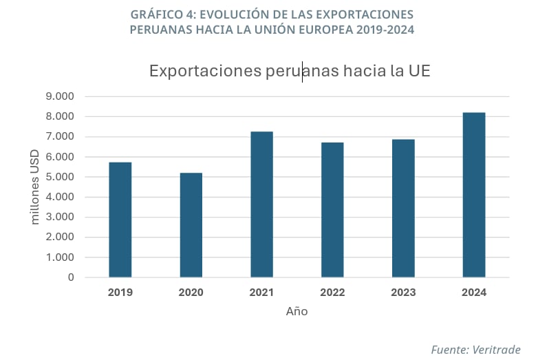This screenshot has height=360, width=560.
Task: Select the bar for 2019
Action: [120, 220]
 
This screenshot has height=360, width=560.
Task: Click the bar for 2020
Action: [191, 225]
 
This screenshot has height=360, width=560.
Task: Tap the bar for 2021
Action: [262, 204]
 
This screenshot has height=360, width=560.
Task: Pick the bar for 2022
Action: [332, 210]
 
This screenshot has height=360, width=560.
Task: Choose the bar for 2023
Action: [403, 208]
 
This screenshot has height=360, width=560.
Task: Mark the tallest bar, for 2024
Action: [474, 195]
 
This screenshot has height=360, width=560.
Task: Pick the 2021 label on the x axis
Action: [262, 293]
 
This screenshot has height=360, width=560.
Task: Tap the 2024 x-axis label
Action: [474, 293]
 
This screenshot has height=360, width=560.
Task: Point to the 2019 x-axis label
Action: [120, 293]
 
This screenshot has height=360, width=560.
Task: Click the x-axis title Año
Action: [297, 312]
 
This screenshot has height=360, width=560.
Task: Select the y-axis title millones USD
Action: [35, 187]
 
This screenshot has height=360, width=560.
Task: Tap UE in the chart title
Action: [418, 71]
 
